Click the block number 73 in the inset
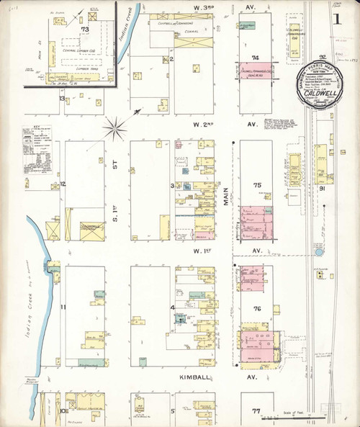[x=84, y=30]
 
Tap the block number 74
[x=255, y=56]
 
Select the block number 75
[x=256, y=185]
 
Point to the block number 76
[x=256, y=308]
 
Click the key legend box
[x=34, y=152]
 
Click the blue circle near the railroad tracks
[x=318, y=253]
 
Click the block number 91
[x=323, y=189]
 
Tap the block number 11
[x=63, y=307]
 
